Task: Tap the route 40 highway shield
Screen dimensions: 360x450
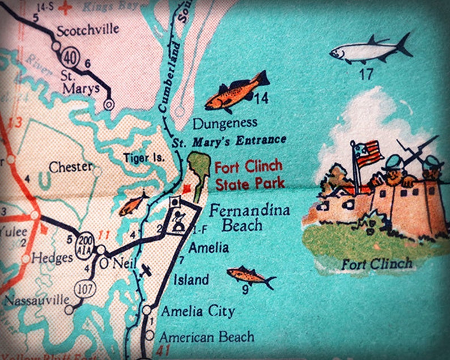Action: coord(69,56)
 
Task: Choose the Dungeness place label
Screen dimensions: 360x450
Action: coord(225,122)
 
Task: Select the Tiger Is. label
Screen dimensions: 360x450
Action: coord(145,158)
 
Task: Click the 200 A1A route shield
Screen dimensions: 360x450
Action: coord(85,242)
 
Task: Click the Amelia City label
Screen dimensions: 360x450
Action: coord(198,311)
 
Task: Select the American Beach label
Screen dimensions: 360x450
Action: coord(206,337)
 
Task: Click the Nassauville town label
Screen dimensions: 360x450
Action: coord(35,299)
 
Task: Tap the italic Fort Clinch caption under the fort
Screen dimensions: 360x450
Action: coord(376,264)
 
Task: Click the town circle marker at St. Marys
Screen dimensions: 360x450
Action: coord(109,104)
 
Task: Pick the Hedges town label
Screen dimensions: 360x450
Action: coord(52,258)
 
